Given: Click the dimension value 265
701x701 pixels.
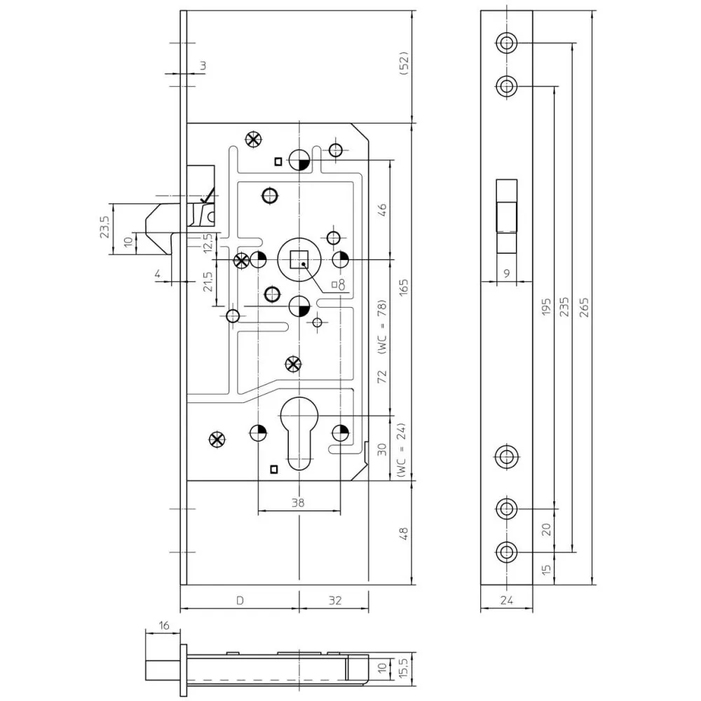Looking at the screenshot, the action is pyautogui.click(x=584, y=307).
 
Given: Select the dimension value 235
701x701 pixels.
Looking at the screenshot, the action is pyautogui.click(x=564, y=307).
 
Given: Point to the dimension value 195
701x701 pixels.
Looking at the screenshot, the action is pyautogui.click(x=546, y=307).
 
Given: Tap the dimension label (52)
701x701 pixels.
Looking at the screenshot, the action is pyautogui.click(x=403, y=63).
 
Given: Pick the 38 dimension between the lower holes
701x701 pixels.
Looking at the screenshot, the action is pyautogui.click(x=298, y=503).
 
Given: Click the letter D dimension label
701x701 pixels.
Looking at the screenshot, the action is pyautogui.click(x=240, y=601).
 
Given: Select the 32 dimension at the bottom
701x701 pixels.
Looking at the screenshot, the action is pyautogui.click(x=335, y=601).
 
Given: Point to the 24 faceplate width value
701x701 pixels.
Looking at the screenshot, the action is pyautogui.click(x=507, y=601).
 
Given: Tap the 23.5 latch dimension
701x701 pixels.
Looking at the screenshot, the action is pyautogui.click(x=104, y=226).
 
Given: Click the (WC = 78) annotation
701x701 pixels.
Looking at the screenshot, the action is pyautogui.click(x=381, y=327).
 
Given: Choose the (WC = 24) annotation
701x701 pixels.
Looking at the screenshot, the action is pyautogui.click(x=402, y=450).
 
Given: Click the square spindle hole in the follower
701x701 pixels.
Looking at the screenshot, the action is pyautogui.click(x=299, y=259).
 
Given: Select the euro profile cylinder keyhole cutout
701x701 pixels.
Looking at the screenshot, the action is pyautogui.click(x=299, y=433).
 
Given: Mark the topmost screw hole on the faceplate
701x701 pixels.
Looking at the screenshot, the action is pyautogui.click(x=507, y=43).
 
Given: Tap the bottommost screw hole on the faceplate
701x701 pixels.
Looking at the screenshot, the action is pyautogui.click(x=507, y=552).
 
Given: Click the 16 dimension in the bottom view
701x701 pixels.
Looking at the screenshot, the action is pyautogui.click(x=164, y=625).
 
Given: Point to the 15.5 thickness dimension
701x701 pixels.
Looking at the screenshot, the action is pyautogui.click(x=403, y=668).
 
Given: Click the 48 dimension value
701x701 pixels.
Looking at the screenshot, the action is pyautogui.click(x=403, y=533).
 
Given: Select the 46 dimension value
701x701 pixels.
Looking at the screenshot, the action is pyautogui.click(x=382, y=209).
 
